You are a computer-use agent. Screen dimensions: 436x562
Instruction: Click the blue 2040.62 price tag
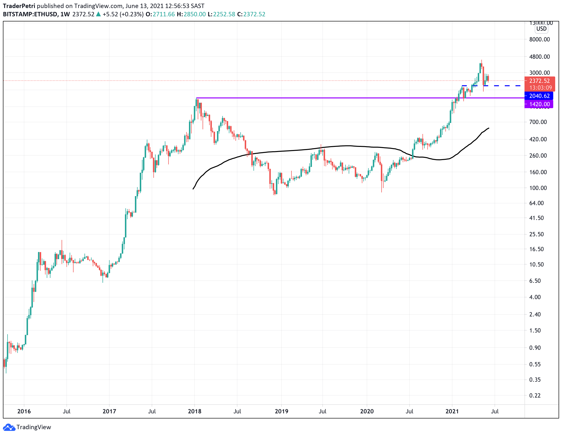coord(539,96)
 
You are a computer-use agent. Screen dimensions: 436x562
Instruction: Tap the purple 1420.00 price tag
coord(539,104)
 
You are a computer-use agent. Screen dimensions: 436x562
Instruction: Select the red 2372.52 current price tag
coord(539,81)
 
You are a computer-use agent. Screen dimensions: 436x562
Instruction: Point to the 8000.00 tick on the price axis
coord(539,39)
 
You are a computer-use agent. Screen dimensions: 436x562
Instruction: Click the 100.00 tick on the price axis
coord(538,188)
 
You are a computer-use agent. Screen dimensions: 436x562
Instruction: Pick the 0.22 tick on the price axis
coord(535,395)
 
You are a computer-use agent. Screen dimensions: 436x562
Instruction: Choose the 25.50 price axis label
coord(536,234)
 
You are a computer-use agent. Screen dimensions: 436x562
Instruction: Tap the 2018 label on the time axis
coord(195,411)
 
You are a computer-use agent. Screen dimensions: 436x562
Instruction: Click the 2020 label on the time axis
coord(367,411)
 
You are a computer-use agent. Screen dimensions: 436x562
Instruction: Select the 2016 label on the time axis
coord(24,411)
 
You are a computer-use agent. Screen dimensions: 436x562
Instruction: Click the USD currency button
coord(541,29)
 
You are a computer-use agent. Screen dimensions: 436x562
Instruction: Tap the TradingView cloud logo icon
coord(9,427)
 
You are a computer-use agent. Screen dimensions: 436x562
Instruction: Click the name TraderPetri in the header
coord(19,6)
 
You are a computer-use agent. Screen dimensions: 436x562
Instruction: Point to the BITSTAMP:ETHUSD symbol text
coord(30,14)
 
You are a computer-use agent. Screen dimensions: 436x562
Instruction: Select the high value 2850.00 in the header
coord(195,14)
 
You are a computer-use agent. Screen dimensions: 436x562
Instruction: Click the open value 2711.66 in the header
coord(164,14)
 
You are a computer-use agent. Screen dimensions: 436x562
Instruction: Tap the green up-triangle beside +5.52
coord(98,14)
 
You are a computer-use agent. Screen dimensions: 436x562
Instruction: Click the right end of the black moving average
coord(489,128)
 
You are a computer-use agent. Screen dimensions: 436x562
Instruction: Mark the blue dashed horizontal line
coord(502,86)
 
